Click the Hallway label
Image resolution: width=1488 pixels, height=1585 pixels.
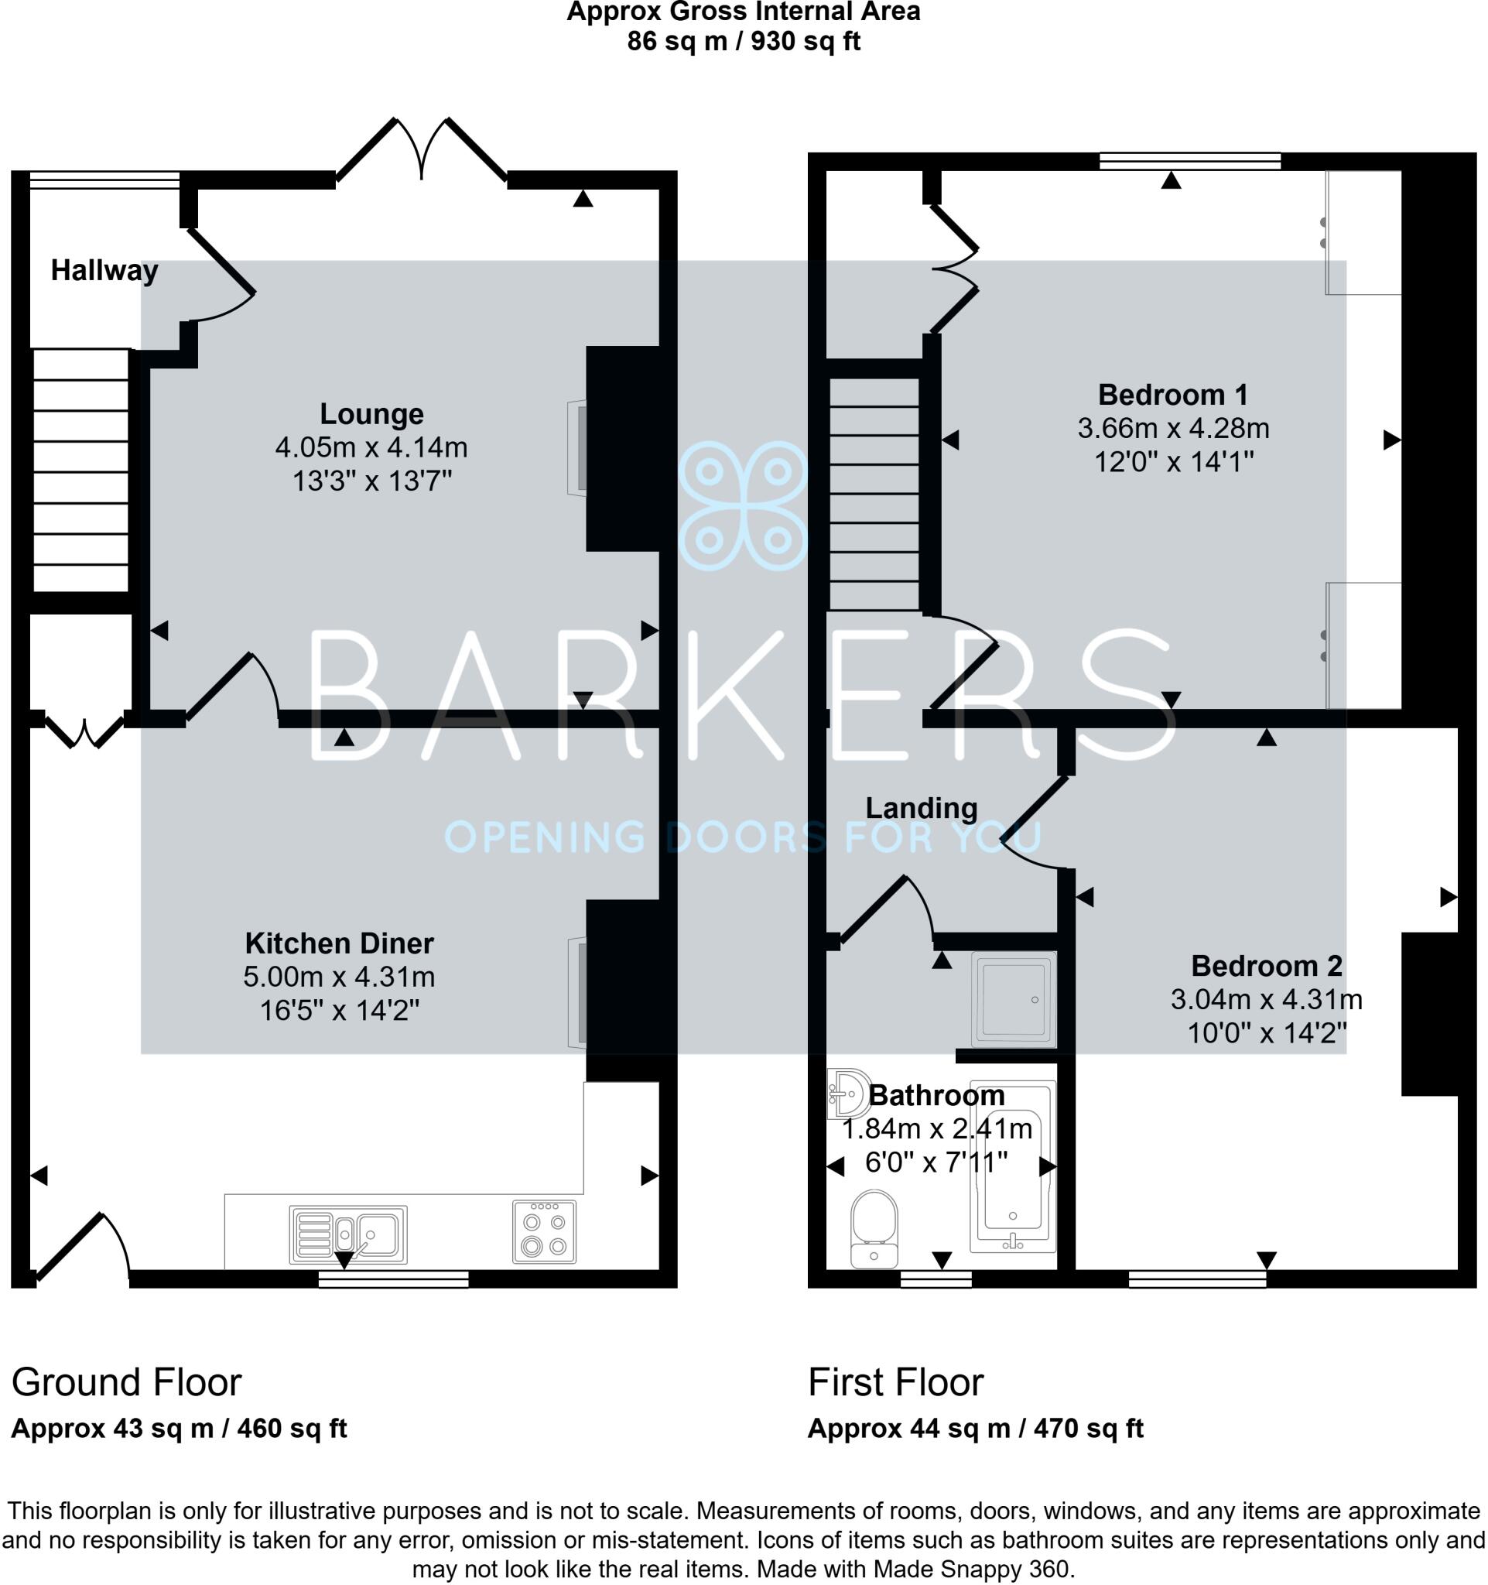click(104, 271)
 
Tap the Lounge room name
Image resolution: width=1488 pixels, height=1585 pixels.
click(371, 414)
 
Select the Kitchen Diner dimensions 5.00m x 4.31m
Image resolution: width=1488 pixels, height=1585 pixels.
click(339, 977)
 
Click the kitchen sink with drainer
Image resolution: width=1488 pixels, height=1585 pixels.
click(348, 1234)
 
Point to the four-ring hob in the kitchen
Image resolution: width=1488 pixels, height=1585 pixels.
click(543, 1232)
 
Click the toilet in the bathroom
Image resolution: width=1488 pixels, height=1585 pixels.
click(874, 1227)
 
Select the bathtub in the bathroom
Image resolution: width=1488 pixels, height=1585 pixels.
click(1012, 1168)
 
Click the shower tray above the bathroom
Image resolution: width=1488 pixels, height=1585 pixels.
click(1014, 999)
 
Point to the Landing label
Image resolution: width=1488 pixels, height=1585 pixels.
click(922, 809)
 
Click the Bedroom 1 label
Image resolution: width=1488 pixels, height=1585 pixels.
click(1172, 395)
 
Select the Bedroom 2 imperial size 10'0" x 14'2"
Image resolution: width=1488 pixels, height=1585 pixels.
click(1267, 1033)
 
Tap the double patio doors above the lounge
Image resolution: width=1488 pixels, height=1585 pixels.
click(422, 152)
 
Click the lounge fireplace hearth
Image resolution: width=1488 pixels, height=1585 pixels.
click(577, 447)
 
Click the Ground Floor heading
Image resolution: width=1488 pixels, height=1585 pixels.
click(126, 1381)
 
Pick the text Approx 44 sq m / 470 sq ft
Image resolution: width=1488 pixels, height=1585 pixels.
click(975, 1428)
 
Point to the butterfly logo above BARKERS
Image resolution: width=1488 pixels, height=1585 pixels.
click(743, 505)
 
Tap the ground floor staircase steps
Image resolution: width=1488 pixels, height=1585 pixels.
click(80, 471)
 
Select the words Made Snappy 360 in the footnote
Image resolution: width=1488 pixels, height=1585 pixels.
click(973, 1569)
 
